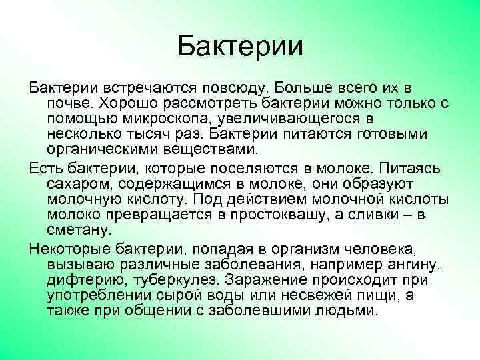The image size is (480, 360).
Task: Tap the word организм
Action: coord(329,249)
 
